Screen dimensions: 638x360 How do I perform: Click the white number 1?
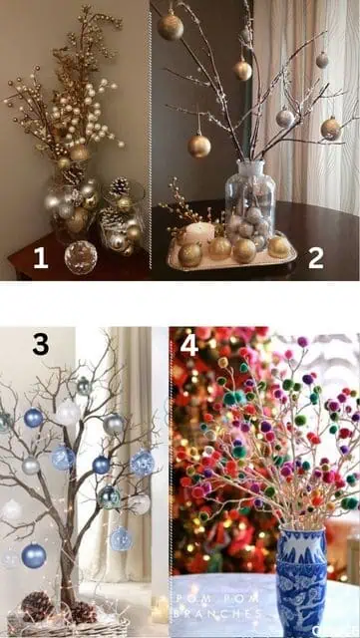coord(40,258)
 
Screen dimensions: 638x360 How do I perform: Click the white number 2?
coord(315,258)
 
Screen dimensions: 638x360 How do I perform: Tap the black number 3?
coord(40,345)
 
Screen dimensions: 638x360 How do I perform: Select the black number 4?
coord(188,345)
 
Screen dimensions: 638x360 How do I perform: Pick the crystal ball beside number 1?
coord(80,257)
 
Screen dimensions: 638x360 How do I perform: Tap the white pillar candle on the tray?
coord(200,233)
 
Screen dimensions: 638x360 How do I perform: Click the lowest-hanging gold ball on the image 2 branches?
coord(199,146)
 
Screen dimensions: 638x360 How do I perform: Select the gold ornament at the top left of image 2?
coord(171,27)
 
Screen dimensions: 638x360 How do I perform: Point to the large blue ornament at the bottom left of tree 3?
coord(34,555)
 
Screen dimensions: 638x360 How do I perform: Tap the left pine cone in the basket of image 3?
coord(37,604)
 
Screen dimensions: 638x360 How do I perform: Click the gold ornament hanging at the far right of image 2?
coord(331,128)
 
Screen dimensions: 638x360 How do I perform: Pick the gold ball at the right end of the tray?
coord(278,246)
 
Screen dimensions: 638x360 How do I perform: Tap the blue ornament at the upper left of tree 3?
coord(33,418)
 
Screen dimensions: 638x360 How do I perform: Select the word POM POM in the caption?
coord(201,598)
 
